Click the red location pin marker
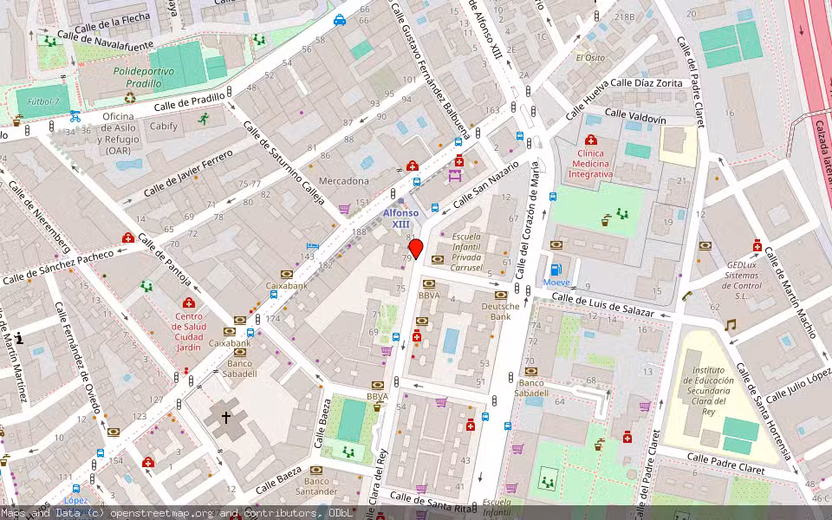point(416,249)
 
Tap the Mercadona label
point(345,181)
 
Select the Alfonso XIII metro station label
point(400,218)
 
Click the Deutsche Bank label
point(500,311)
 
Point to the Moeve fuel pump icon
point(556,270)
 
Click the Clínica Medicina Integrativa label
point(590,164)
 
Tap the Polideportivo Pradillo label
point(137,77)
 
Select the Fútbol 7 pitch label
point(43,101)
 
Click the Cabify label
point(163,127)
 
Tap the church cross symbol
point(226,417)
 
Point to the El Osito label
point(590,58)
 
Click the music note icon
point(730,325)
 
